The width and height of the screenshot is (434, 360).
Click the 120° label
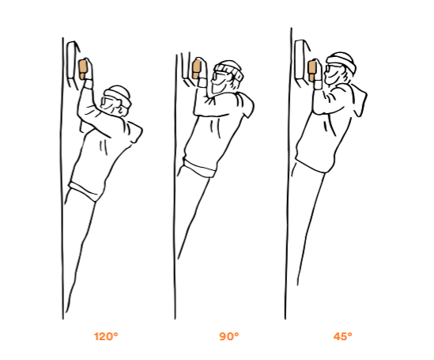(x=106, y=336)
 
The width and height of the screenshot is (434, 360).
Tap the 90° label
(x=229, y=336)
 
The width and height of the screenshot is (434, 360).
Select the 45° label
(x=342, y=336)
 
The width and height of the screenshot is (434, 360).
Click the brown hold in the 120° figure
(x=83, y=69)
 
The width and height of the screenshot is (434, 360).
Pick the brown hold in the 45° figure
(x=312, y=71)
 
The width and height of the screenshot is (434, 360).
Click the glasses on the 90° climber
(x=219, y=74)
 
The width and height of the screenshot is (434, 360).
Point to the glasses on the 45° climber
(x=330, y=69)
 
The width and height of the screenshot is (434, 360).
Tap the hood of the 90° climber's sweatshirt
(x=245, y=105)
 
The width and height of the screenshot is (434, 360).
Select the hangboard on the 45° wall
(x=302, y=62)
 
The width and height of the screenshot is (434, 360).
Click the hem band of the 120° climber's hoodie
(x=84, y=191)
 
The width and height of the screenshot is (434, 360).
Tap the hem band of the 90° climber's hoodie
(x=198, y=168)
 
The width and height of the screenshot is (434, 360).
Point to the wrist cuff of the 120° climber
(x=89, y=84)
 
